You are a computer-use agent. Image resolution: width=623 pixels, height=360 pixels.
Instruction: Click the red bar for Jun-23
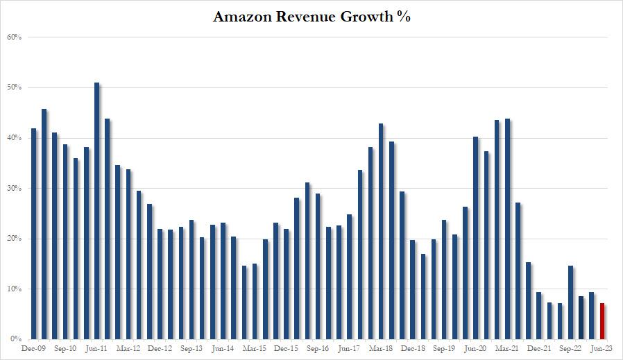(602, 321)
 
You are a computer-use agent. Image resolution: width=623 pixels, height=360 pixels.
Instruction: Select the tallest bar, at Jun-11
(97, 211)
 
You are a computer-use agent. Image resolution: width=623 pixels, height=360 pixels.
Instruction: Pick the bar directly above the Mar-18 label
(381, 232)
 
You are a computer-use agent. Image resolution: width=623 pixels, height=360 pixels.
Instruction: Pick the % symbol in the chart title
(403, 17)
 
